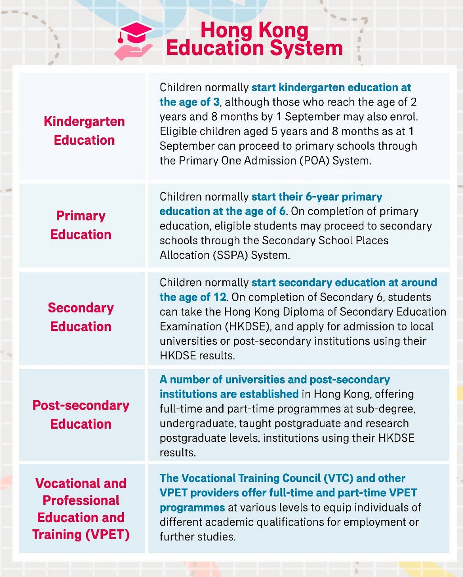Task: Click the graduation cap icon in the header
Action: coord(135,32)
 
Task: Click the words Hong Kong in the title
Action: coord(254,31)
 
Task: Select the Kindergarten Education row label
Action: coord(84,131)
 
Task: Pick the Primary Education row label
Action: coord(81,225)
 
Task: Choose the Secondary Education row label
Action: coord(81,317)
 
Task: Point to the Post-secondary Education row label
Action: coord(81,414)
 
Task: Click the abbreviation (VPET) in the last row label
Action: coord(106,535)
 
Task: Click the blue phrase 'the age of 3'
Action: coord(189,102)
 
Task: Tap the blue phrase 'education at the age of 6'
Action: coord(223,211)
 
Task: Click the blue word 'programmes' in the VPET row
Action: coord(192,508)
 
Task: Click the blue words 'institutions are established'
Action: coord(229,394)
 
